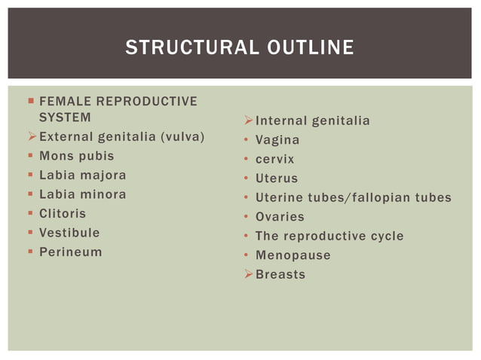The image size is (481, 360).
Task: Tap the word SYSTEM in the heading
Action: coord(65,117)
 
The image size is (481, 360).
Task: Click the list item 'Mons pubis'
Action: coord(76,156)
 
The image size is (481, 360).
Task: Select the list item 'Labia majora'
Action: coord(82,175)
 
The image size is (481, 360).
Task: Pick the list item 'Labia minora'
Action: coord(82,194)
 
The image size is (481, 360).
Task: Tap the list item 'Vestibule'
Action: coord(69,233)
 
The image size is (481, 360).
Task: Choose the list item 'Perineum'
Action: coord(70,252)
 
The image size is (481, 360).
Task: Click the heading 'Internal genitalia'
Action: coord(312,121)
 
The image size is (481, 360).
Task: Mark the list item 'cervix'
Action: coord(274,160)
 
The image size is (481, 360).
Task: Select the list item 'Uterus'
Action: coord(276,178)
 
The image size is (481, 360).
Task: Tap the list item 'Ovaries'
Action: coord(280,217)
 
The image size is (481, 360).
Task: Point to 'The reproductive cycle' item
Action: coord(329,236)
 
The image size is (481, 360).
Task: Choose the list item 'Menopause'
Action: coord(293,255)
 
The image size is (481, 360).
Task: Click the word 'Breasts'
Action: coord(280,274)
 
